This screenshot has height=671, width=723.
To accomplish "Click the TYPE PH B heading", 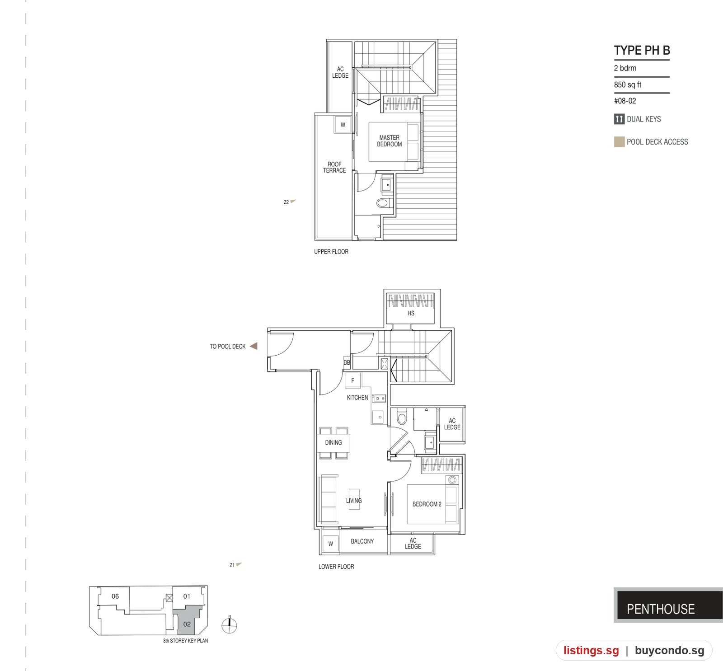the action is click(x=642, y=51).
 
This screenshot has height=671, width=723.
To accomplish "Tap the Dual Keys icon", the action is click(x=619, y=119).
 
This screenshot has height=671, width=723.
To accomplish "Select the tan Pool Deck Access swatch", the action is click(x=619, y=142).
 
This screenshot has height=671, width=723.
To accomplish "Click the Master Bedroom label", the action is click(x=390, y=141).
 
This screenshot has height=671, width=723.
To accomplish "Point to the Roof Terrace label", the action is click(x=334, y=167).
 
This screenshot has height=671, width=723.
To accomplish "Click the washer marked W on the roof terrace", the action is click(x=343, y=125).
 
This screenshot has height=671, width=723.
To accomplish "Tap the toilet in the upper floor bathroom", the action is click(x=384, y=203).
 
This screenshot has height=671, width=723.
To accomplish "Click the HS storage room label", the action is click(x=411, y=313).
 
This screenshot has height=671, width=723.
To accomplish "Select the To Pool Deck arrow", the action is click(x=254, y=346).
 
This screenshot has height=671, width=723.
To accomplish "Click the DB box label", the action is click(x=347, y=362).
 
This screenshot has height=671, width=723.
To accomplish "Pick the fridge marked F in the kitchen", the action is click(x=353, y=380).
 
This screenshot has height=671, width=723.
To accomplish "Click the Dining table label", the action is click(x=333, y=442).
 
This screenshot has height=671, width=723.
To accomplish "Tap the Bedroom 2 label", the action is click(x=427, y=504).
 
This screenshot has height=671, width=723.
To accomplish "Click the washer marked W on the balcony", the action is click(x=331, y=544).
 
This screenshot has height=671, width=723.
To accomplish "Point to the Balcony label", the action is click(x=362, y=541).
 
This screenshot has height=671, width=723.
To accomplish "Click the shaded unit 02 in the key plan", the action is click(x=187, y=621).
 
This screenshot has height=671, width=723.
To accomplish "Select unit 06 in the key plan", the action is click(x=115, y=596).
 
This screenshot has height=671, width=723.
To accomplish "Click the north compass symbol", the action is click(x=230, y=625).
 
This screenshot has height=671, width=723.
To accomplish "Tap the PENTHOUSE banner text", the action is click(x=661, y=609).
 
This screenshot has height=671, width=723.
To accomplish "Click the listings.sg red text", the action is click(x=591, y=651).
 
